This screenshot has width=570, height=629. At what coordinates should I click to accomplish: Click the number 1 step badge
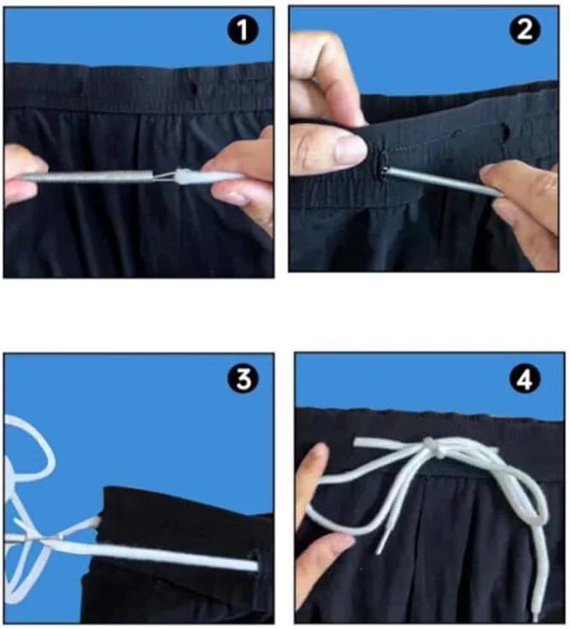pos(243,30)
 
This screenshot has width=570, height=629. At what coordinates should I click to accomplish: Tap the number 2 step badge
pos(524,29)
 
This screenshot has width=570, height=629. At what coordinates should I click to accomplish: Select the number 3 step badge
pos(243,379)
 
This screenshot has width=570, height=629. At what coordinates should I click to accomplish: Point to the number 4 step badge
pos(524,379)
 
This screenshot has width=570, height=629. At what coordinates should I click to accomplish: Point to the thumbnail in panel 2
pos(349,149)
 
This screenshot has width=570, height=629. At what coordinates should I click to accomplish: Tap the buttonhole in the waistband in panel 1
pos(194,90)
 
